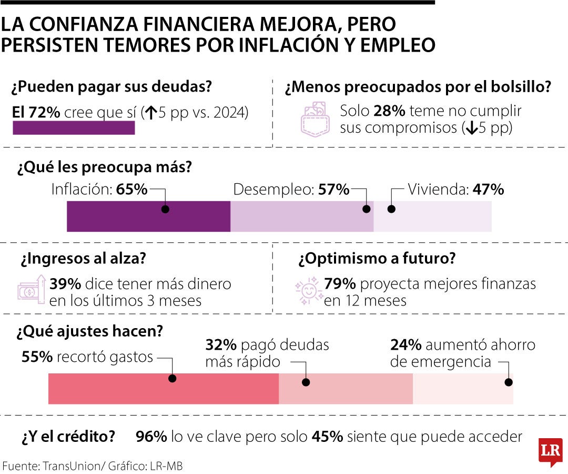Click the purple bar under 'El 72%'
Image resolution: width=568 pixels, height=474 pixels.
click(74, 128)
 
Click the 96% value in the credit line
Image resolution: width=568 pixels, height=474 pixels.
click(151, 437)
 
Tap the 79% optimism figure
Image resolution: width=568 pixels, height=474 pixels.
click(340, 284)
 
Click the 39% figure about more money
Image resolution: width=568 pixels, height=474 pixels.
click(65, 284)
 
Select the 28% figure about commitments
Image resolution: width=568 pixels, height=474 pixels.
click(389, 112)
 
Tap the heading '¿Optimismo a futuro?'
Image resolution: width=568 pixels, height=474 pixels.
click(377, 259)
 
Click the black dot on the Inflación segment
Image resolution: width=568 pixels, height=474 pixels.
click(165, 209)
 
